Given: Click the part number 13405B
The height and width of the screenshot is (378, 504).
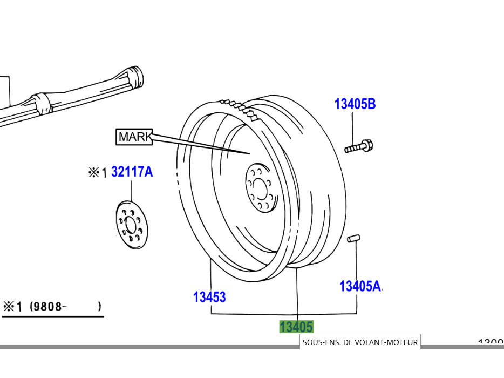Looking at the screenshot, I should pyautogui.click(x=355, y=104).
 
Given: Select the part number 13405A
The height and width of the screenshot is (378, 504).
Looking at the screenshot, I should pyautogui.click(x=360, y=286).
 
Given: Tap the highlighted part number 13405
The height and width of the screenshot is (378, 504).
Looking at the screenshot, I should pyautogui.click(x=296, y=327).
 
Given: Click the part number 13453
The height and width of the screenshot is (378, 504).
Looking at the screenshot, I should pyautogui.click(x=209, y=297).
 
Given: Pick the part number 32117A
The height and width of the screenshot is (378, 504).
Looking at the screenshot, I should pyautogui.click(x=132, y=172).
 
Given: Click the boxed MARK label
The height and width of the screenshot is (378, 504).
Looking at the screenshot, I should pyautogui.click(x=134, y=137).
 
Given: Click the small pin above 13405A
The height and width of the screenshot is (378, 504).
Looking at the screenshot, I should pyautogui.click(x=354, y=239).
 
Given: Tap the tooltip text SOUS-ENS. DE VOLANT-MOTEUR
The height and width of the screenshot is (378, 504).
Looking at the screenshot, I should pyautogui.click(x=360, y=342).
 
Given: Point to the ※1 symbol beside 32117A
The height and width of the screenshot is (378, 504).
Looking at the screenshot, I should pyautogui.click(x=98, y=173).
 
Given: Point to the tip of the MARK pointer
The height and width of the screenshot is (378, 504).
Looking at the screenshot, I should pyautogui.click(x=250, y=153).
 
